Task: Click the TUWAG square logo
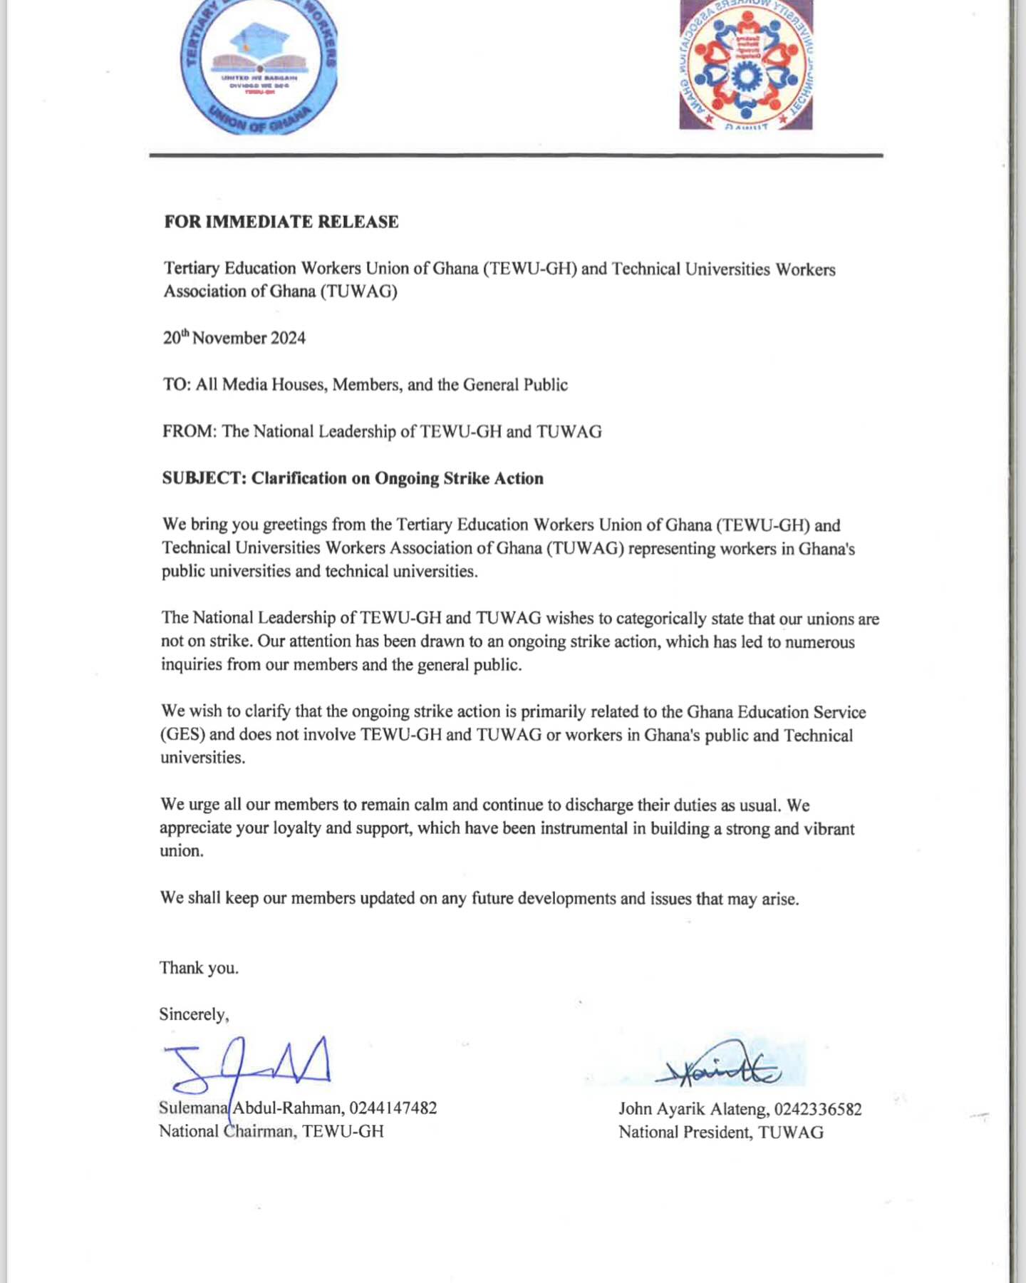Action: [746, 64]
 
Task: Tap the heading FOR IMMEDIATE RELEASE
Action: [281, 222]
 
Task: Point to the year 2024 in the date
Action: [288, 338]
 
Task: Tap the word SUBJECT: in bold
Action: [204, 478]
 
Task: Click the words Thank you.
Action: [199, 968]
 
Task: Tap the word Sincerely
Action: [194, 1014]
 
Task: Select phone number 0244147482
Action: [393, 1108]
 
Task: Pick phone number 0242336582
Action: [818, 1109]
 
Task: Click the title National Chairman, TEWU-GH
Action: [271, 1131]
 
